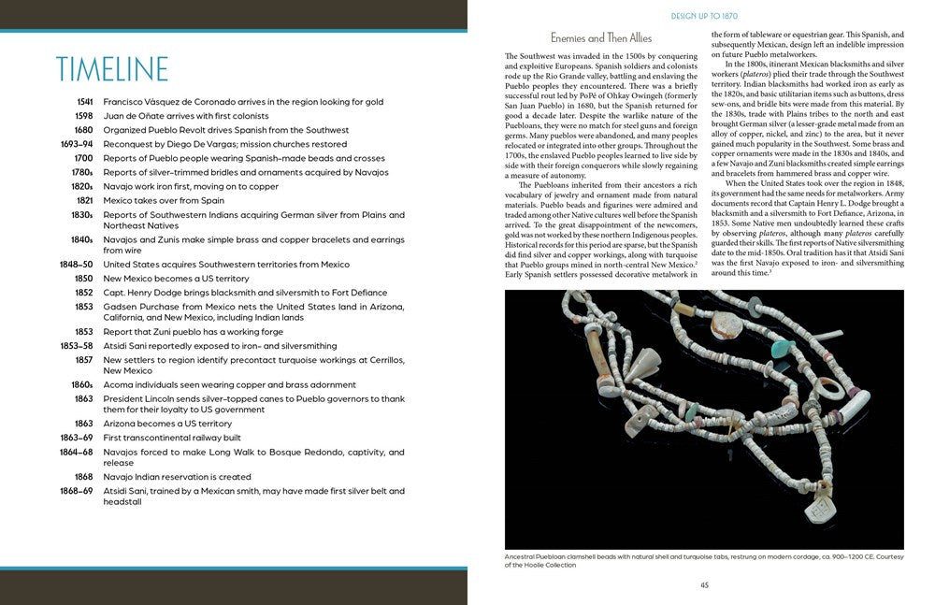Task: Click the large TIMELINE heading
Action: pyautogui.click(x=111, y=70)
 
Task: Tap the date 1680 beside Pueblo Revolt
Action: pyautogui.click(x=83, y=130)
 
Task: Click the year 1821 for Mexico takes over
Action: pyautogui.click(x=83, y=200)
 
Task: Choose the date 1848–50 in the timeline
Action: pyautogui.click(x=77, y=265)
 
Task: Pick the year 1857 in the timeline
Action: pyautogui.click(x=83, y=360)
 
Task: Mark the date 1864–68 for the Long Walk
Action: pyautogui.click(x=77, y=452)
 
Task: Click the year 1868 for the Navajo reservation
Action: pyautogui.click(x=83, y=477)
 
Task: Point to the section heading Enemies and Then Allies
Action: pyautogui.click(x=601, y=38)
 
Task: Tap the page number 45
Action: pyautogui.click(x=704, y=585)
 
